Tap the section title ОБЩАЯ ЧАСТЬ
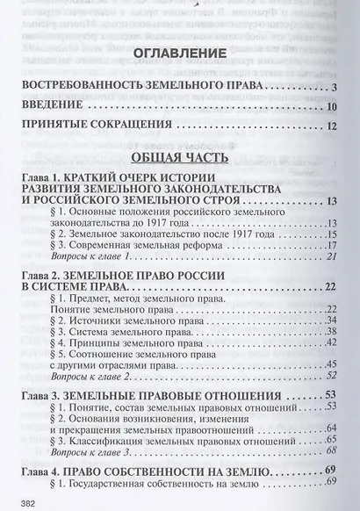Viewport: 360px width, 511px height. tap(178, 158)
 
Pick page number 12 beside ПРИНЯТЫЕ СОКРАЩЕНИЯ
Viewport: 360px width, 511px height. tap(333, 128)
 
